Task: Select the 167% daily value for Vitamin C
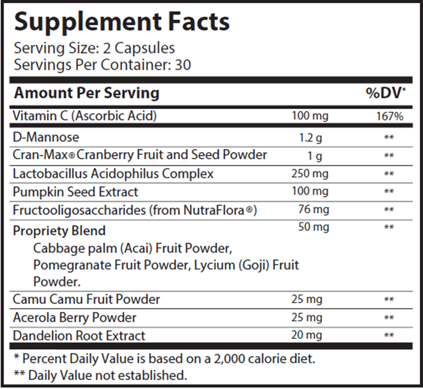point(390,117)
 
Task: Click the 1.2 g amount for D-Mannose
point(310,137)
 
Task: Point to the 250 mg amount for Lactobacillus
point(310,173)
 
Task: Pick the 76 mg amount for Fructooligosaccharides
point(314,210)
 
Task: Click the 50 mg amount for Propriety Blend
point(314,227)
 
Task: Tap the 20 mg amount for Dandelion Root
point(307,335)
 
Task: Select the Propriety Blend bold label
point(59,231)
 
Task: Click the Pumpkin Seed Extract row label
point(76,192)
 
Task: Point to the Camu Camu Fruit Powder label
point(86,299)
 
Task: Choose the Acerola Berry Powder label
point(75,317)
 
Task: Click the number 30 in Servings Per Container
point(183,65)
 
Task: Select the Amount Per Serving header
point(87,93)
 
